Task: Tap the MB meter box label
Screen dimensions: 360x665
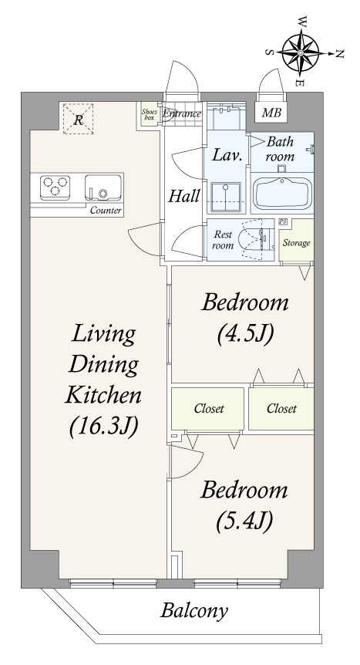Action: coord(271,113)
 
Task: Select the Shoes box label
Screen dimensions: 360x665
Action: coord(150,114)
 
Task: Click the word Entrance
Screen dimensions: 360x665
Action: coord(182,113)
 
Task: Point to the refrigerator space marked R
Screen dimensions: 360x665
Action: coord(78,120)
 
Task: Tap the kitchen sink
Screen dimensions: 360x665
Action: coord(103,187)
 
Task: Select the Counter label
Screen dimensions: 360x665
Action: coord(106,211)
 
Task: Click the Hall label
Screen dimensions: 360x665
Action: coord(184,197)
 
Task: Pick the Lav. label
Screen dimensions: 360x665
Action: coord(227,155)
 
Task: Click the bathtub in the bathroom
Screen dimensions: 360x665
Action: coord(282,193)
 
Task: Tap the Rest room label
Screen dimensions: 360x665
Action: coord(223,240)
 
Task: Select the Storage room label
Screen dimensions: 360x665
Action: coord(296,243)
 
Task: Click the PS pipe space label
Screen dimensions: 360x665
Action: coord(282,221)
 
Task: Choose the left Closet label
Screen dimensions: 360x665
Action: coord(209,409)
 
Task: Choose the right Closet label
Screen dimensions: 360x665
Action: coord(281,408)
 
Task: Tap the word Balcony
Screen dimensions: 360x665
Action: coord(194,611)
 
